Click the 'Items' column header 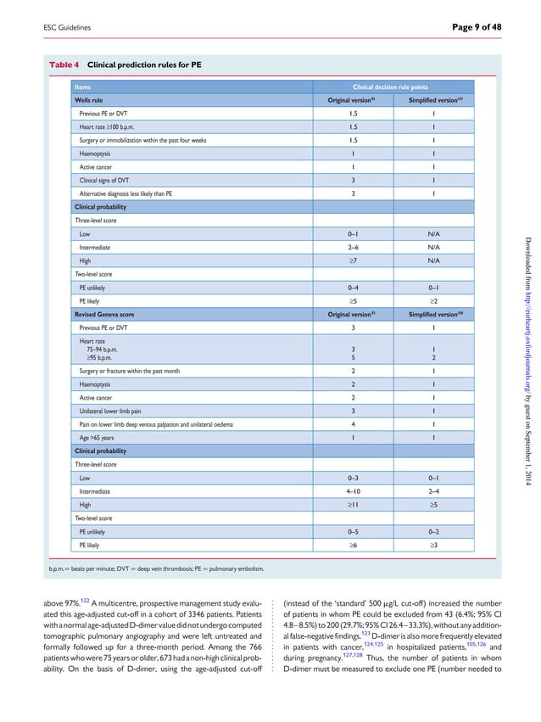coord(83,87)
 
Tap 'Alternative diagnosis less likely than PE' coord(125,193)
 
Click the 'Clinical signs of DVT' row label coord(107,180)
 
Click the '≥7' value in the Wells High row coord(352,260)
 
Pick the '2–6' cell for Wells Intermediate coord(352,246)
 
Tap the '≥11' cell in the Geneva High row coord(352,504)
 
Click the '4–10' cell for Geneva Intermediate coord(352,490)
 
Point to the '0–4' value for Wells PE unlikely coord(352,288)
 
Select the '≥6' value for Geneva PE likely coord(352,546)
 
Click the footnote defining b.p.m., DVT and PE coord(157,568)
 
